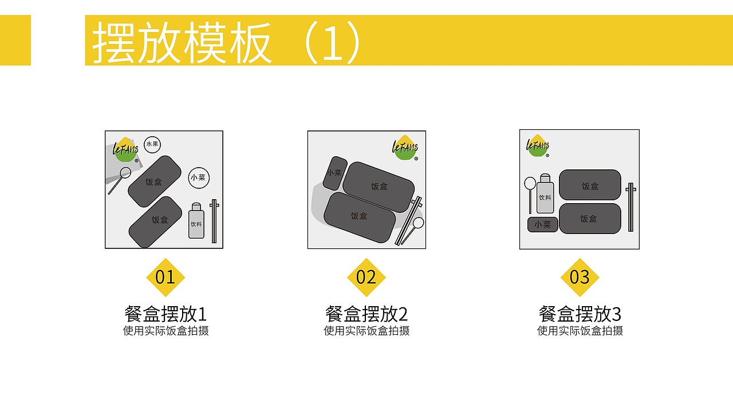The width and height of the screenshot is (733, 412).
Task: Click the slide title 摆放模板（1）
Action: click(226, 41)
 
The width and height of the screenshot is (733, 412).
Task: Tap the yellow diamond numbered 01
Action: click(165, 278)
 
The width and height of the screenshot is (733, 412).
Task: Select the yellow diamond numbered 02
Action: click(366, 278)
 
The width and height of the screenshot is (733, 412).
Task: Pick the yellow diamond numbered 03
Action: click(580, 278)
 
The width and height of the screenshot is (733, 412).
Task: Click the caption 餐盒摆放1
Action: click(165, 314)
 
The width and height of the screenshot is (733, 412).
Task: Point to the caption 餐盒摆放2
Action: click(366, 314)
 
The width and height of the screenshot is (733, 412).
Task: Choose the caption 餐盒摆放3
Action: click(580, 314)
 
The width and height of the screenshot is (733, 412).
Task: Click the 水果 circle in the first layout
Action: click(152, 144)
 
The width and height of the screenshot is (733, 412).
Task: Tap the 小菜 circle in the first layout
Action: click(198, 177)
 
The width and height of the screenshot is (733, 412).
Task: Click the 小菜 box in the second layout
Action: click(334, 173)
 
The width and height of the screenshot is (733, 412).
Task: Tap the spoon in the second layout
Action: click(417, 223)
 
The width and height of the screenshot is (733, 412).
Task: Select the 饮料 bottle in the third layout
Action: click(545, 195)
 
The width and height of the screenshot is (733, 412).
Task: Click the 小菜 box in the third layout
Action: click(542, 225)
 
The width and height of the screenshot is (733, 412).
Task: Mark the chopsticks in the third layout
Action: click(630, 207)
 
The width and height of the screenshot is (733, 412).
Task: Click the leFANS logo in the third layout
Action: click(537, 145)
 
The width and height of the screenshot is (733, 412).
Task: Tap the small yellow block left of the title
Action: click(15, 40)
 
